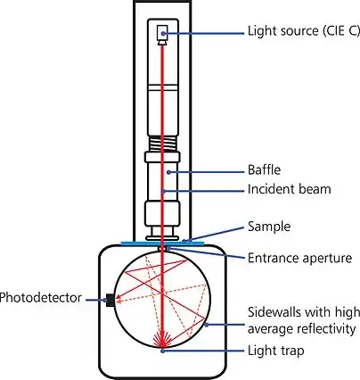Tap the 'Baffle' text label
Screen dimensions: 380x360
tap(265, 169)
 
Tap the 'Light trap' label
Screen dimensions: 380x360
tap(274, 351)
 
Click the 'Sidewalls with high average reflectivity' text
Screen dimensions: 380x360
tap(303, 319)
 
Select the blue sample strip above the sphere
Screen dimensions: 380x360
tap(163, 240)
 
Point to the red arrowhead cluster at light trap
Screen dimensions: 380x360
tap(162, 340)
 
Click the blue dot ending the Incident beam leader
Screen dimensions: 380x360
tap(163, 189)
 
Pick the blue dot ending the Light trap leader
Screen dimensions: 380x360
tap(162, 351)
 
